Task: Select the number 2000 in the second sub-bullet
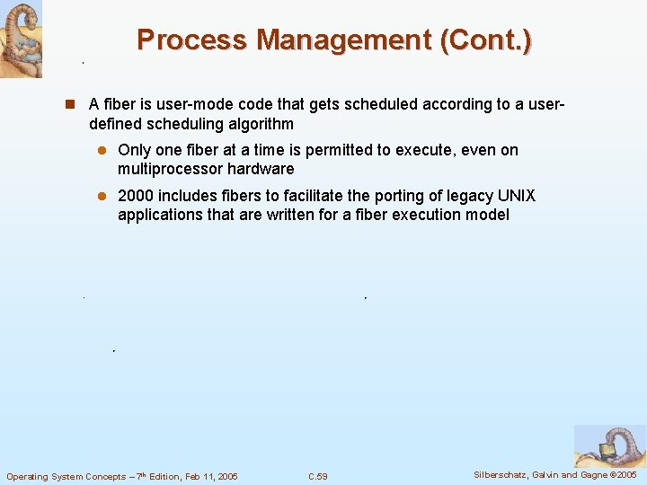click(136, 196)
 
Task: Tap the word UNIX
click(516, 196)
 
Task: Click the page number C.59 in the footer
click(317, 476)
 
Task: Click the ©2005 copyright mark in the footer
click(619, 474)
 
